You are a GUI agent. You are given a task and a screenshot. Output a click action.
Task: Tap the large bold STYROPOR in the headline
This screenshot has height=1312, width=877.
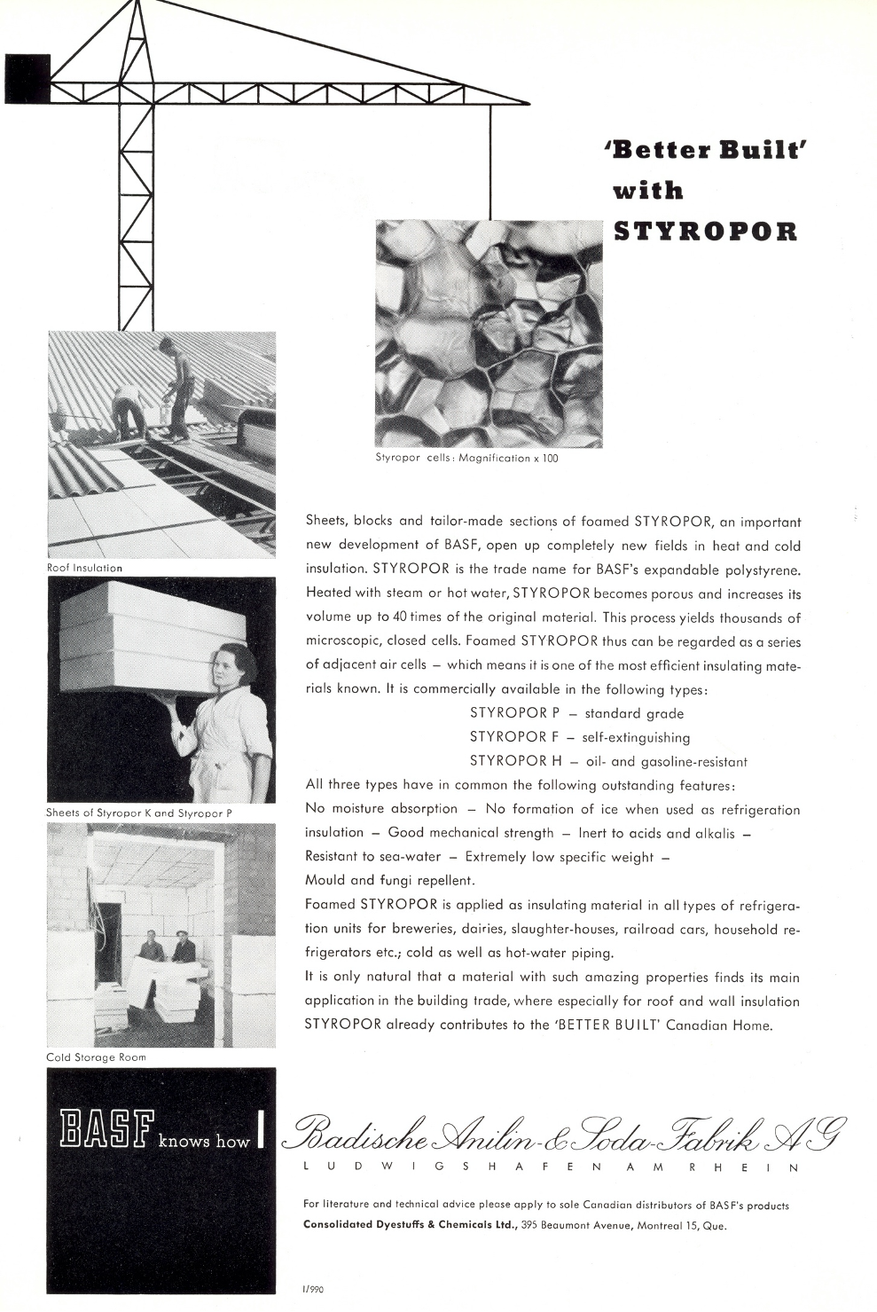point(706,232)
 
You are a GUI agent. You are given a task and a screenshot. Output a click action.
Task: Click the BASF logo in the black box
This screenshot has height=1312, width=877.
point(105,1127)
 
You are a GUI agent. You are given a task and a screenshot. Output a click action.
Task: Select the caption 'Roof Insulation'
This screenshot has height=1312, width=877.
point(85,568)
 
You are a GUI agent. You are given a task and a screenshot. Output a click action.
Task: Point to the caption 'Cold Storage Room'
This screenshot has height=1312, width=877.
point(96,1057)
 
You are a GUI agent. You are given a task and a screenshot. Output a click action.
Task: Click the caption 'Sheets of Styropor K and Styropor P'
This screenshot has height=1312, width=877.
point(139,813)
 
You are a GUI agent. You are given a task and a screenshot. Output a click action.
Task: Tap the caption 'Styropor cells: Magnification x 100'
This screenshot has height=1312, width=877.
point(467,458)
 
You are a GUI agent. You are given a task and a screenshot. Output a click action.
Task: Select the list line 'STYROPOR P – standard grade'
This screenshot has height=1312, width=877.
point(576,713)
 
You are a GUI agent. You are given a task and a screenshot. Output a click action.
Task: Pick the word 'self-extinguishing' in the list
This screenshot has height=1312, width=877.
point(636,737)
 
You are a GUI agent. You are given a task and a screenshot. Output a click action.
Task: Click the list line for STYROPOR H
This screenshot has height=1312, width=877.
point(608,761)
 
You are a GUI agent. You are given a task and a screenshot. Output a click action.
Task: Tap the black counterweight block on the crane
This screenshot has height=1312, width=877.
point(27,77)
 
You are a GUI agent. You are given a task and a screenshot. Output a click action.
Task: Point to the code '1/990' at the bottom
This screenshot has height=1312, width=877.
point(313,1289)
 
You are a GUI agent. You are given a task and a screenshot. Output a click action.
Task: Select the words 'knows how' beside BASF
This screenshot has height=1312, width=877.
point(204,1142)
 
